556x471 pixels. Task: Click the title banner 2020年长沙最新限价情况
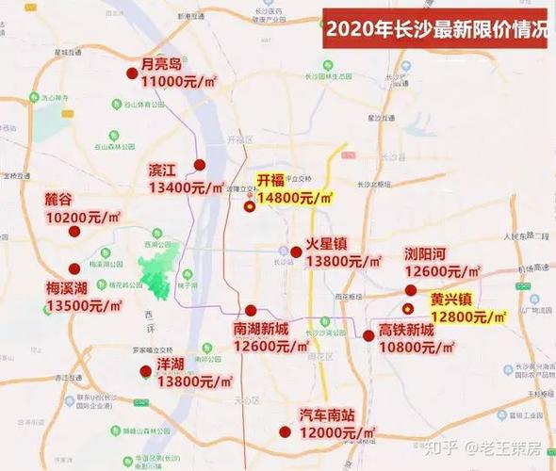coord(436,28)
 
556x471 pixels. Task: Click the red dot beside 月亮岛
coord(131,73)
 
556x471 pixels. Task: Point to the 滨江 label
coord(162,171)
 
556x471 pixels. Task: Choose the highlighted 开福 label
coord(270,180)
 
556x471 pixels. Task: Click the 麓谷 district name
coord(57,200)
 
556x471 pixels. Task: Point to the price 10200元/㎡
coord(84,218)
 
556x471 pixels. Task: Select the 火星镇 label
coord(326,243)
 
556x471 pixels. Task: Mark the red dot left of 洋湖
coord(145,370)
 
